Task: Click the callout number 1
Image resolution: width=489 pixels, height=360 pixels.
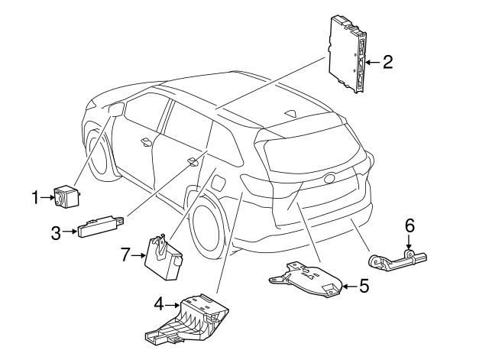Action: coord(36,197)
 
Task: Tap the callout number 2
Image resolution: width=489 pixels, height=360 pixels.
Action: coord(387,62)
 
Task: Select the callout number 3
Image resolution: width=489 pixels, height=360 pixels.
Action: coord(56,233)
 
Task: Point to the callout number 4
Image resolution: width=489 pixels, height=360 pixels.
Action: coord(159,304)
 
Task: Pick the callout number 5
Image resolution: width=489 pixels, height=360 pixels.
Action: coord(364,286)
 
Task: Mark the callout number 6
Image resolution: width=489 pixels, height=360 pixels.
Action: coord(410,225)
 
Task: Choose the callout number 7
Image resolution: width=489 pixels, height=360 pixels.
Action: coord(125,255)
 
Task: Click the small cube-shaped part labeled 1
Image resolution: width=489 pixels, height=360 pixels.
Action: coord(67,196)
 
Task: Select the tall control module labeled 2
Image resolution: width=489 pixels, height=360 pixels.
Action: coord(348,54)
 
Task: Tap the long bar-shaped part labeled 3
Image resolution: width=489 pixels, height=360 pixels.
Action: coord(101,226)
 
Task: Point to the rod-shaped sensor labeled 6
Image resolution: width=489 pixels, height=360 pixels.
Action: coord(397,258)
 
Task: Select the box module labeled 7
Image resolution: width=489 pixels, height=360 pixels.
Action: coord(164,257)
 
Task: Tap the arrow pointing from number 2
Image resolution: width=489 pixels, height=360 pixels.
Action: coord(373,63)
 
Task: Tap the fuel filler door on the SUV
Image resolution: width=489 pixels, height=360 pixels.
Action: coord(219,183)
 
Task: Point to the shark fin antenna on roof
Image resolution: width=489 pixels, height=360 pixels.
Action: coord(290,114)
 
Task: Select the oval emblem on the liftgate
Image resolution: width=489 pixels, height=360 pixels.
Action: coord(330,178)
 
